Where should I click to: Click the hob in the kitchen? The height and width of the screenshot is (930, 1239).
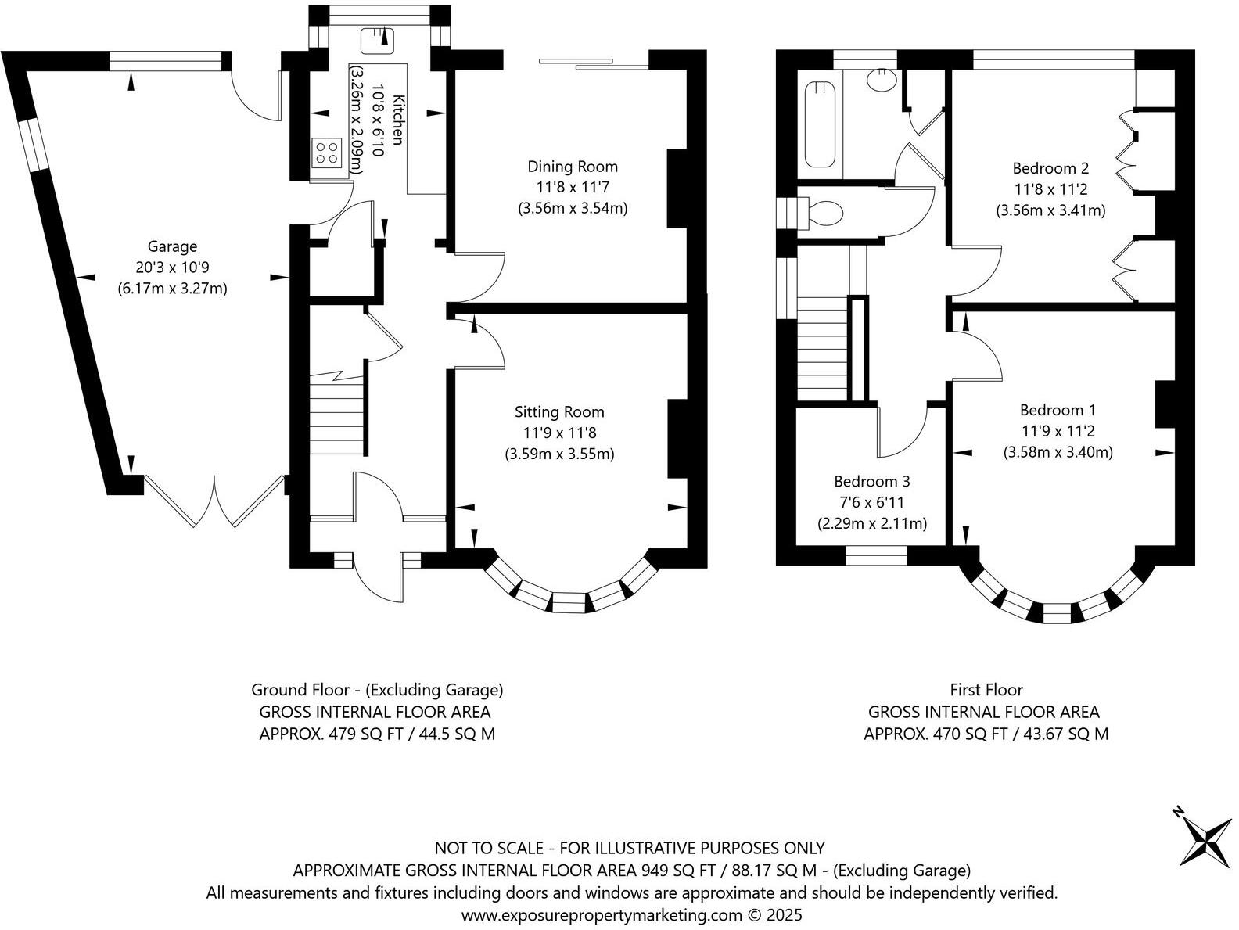328,153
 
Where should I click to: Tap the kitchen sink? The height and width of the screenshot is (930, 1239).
377,40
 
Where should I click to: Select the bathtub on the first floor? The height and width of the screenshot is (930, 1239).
820,124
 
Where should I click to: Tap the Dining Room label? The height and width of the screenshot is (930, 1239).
573,167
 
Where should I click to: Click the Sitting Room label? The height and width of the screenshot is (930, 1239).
558,412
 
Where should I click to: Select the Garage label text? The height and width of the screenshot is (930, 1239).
172,246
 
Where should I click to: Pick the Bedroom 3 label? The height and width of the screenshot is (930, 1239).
871,481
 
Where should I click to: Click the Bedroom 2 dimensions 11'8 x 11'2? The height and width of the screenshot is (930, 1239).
1050,189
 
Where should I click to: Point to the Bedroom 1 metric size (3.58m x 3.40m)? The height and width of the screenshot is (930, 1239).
1058,452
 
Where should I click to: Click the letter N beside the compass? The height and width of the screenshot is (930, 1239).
1177,828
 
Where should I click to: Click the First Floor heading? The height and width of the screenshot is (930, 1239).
986,690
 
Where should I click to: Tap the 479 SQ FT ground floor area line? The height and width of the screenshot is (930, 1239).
377,734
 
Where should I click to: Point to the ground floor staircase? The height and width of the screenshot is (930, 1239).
336,413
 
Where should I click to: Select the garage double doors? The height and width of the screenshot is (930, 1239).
214,501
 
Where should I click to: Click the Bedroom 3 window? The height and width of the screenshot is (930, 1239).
876,556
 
